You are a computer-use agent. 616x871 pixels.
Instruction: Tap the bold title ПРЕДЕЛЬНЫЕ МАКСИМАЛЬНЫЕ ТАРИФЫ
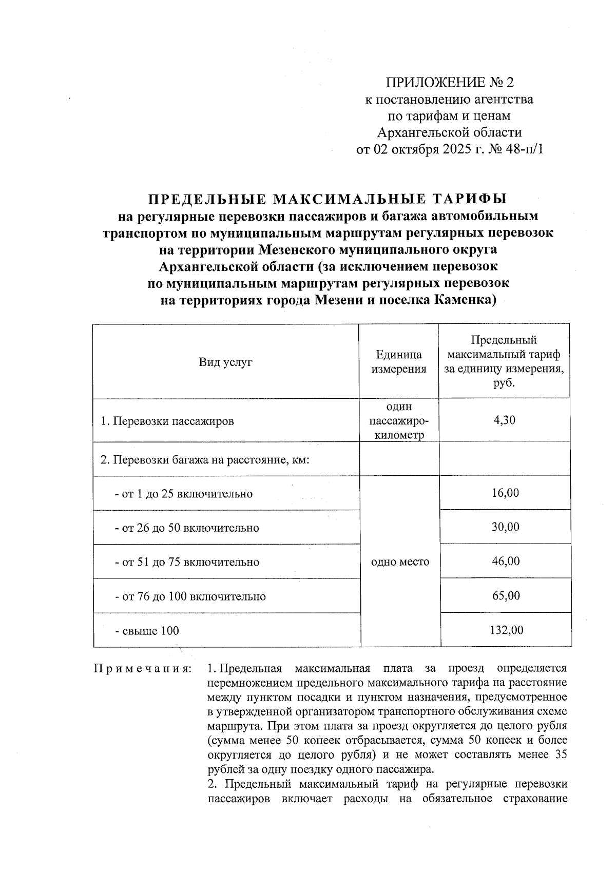tap(328, 199)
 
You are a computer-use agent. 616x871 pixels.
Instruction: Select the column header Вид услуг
tap(226, 362)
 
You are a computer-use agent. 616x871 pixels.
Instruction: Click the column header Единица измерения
tap(399, 362)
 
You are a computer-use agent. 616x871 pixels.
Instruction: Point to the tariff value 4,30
tap(505, 420)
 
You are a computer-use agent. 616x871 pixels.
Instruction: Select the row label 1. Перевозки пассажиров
tap(167, 421)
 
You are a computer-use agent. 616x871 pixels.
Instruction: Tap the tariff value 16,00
tap(505, 493)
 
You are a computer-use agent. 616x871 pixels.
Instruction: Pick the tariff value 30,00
tap(505, 527)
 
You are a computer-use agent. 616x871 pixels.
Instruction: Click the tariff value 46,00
tap(505, 561)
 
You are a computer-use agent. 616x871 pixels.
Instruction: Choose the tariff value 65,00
tap(505, 595)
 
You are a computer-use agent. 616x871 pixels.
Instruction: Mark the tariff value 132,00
tap(505, 630)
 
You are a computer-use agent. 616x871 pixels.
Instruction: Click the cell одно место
tap(400, 562)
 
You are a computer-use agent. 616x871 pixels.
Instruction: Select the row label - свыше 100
tap(147, 630)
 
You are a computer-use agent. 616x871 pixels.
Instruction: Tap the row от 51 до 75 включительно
tap(187, 562)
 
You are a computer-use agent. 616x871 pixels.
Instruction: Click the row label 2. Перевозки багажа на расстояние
tap(204, 459)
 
